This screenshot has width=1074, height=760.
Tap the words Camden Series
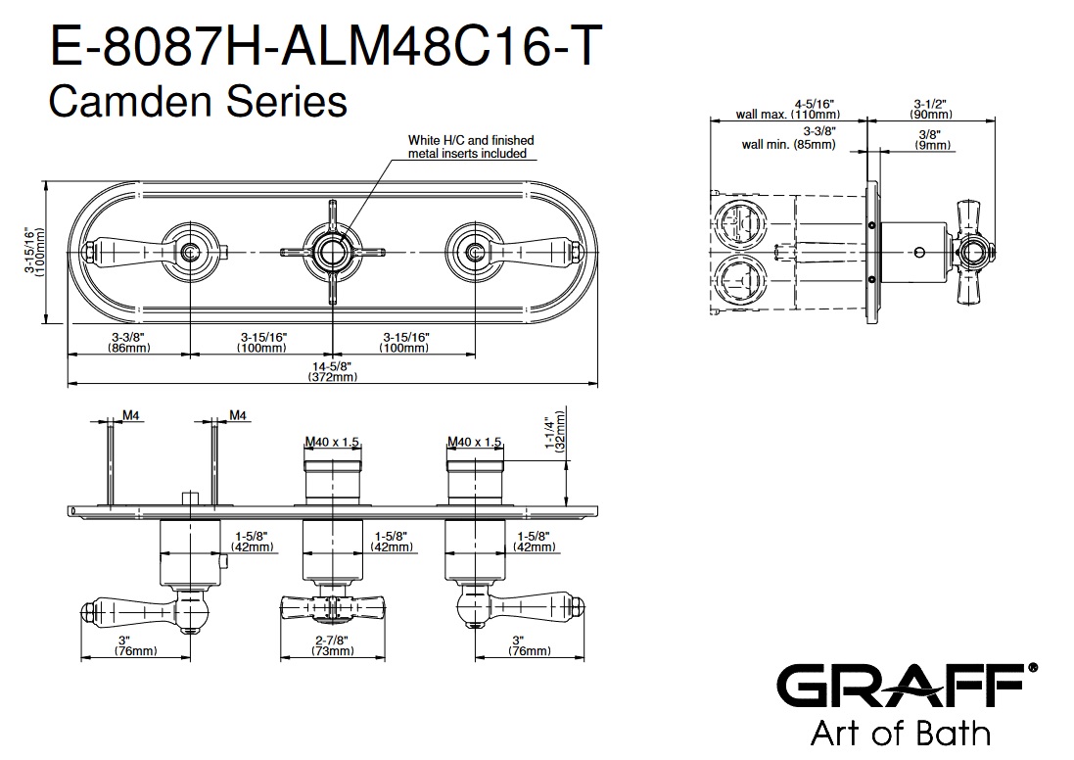pyautogui.click(x=198, y=101)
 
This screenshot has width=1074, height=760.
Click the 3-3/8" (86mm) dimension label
pyautogui.click(x=128, y=342)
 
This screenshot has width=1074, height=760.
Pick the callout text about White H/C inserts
pyautogui.click(x=471, y=147)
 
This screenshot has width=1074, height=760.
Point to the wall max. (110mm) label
pyautogui.click(x=788, y=108)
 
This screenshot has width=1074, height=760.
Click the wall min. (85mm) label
pyautogui.click(x=788, y=137)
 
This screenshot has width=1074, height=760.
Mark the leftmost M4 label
pyautogui.click(x=129, y=416)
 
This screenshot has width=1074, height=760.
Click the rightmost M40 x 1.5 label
pyautogui.click(x=474, y=442)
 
